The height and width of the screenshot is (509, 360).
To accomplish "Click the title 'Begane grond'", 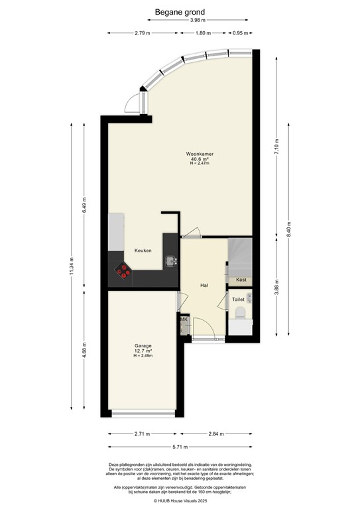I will point(180,11).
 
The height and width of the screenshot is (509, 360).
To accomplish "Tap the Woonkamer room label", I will point(200,154).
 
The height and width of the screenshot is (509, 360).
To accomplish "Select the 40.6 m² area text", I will point(200,159).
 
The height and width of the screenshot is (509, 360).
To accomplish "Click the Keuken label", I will point(143,251).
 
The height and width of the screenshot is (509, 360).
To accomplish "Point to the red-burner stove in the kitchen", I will point(123,269).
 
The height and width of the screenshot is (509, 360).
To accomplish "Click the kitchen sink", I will point(171,260).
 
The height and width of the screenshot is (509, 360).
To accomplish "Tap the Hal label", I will point(206,286).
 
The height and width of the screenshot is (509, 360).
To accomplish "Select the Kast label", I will point(241,280).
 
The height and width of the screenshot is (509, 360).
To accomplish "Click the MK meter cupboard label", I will point(184,320).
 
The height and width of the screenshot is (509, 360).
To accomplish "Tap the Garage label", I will point(143,346).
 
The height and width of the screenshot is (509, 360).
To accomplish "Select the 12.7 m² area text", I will point(143,351).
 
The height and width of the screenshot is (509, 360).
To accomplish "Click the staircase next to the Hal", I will point(239,255).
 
